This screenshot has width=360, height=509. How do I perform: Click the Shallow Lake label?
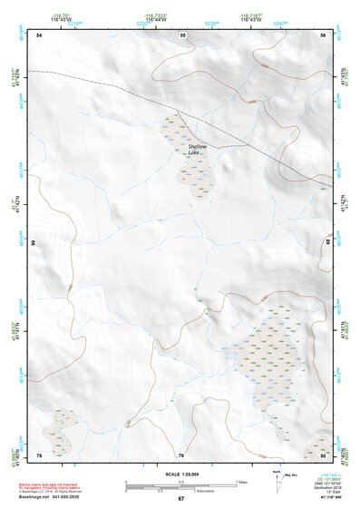(198, 150)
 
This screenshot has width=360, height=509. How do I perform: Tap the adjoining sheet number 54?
(39, 34)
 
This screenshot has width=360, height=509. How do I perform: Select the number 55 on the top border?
(182, 34)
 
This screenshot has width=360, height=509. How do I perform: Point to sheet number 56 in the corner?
(323, 34)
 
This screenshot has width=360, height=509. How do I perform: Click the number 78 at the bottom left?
(39, 455)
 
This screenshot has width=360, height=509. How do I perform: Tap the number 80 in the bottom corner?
(323, 455)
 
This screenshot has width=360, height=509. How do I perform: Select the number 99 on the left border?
(32, 243)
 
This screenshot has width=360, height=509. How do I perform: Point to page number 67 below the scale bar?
(180, 498)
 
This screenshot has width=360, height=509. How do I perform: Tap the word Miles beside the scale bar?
(242, 481)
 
